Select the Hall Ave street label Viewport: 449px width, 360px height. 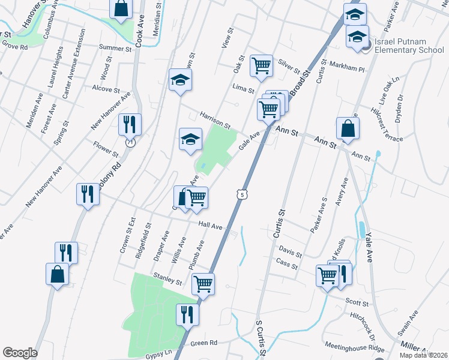211,227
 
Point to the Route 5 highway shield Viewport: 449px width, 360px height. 241,194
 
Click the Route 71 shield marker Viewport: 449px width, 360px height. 130,143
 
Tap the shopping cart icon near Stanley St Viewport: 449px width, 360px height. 203,283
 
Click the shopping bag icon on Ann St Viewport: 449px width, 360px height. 348,127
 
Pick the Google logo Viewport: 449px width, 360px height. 20,352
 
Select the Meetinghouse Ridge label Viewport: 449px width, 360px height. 355,347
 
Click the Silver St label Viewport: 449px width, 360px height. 289,65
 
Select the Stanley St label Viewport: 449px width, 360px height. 167,279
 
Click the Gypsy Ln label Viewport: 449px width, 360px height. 158,354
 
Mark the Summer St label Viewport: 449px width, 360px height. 115,48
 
